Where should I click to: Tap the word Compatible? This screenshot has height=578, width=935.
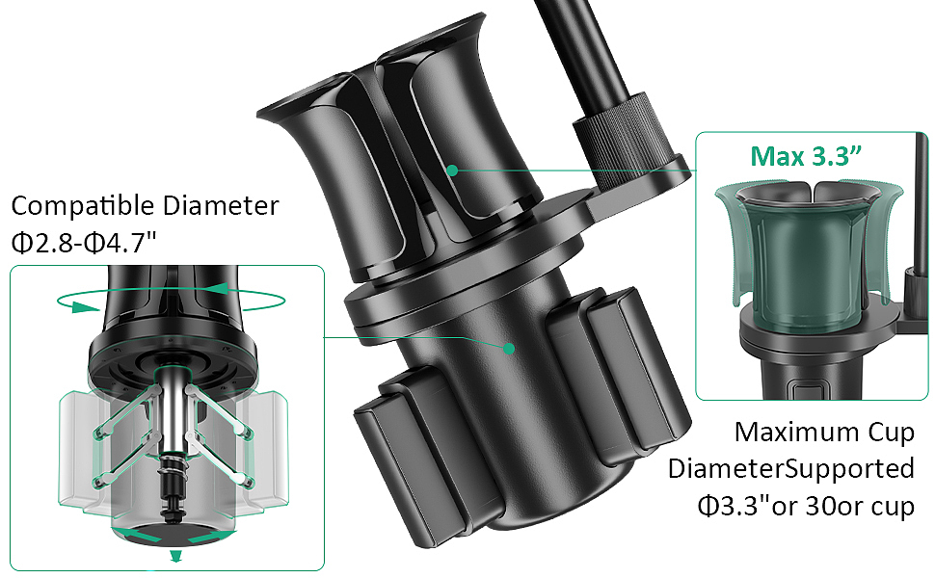click(x=83, y=206)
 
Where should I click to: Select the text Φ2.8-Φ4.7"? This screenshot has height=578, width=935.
click(x=84, y=243)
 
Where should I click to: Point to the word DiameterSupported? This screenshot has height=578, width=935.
click(x=790, y=469)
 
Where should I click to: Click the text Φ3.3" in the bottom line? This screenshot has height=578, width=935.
click(x=733, y=506)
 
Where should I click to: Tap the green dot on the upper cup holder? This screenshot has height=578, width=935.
click(x=453, y=171)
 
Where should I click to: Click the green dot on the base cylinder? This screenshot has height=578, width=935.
click(x=509, y=348)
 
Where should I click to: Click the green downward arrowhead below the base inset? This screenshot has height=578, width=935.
click(x=175, y=557)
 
